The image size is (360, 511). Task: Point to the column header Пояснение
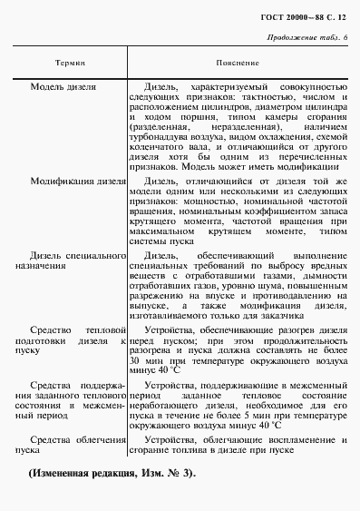point(238,64)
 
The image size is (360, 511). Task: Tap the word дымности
point(324,270)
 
